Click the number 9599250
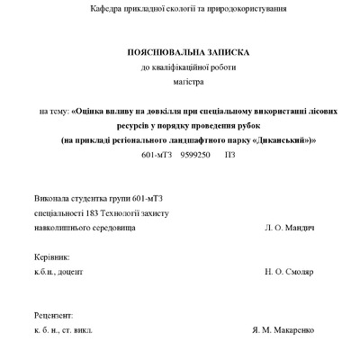(195, 155)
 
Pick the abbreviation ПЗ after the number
(229, 155)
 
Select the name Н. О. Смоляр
(291, 271)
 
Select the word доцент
(72, 271)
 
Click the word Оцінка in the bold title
(93, 112)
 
